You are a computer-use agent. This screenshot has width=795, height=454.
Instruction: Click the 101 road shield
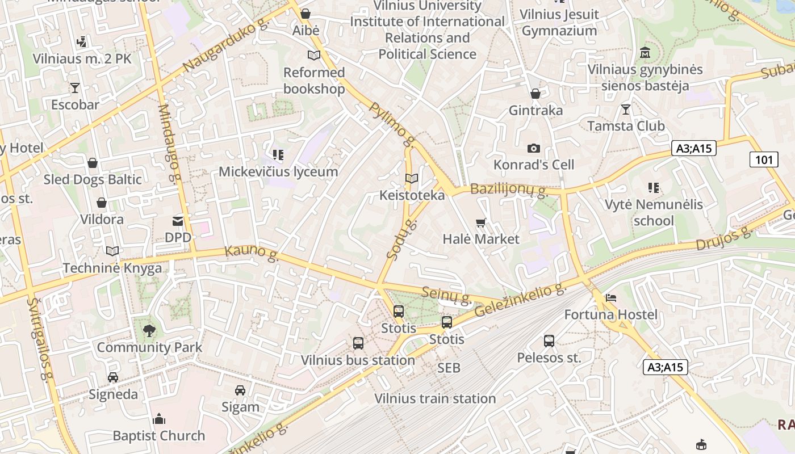click(x=764, y=159)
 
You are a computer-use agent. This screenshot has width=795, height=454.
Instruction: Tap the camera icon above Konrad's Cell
click(x=534, y=148)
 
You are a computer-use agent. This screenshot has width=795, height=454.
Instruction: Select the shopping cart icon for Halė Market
click(x=481, y=222)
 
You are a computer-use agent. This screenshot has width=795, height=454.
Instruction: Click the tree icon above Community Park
click(x=149, y=330)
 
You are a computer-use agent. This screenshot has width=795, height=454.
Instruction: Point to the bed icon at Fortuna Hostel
click(x=610, y=297)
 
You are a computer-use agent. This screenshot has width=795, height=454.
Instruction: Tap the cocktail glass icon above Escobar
click(x=74, y=88)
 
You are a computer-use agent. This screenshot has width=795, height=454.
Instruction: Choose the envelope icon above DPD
click(x=178, y=221)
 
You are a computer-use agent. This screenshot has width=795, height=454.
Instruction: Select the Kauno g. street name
click(x=252, y=253)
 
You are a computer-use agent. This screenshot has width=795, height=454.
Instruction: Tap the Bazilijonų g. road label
click(x=508, y=190)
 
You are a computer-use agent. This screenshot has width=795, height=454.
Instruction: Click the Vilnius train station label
click(x=435, y=398)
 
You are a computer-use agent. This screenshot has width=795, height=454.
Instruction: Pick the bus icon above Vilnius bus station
click(x=358, y=343)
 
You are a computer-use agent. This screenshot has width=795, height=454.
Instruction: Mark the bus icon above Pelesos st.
click(x=549, y=341)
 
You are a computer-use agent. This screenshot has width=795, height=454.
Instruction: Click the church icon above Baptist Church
click(x=159, y=419)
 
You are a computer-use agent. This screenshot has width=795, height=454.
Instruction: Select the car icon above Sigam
click(x=240, y=390)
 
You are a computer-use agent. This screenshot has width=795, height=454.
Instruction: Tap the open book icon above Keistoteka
click(x=412, y=179)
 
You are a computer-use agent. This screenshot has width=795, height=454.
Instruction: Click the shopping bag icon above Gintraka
click(x=535, y=94)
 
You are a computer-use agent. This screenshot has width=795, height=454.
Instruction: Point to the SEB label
click(x=449, y=368)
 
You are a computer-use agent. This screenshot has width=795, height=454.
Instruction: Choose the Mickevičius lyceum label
click(x=278, y=171)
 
